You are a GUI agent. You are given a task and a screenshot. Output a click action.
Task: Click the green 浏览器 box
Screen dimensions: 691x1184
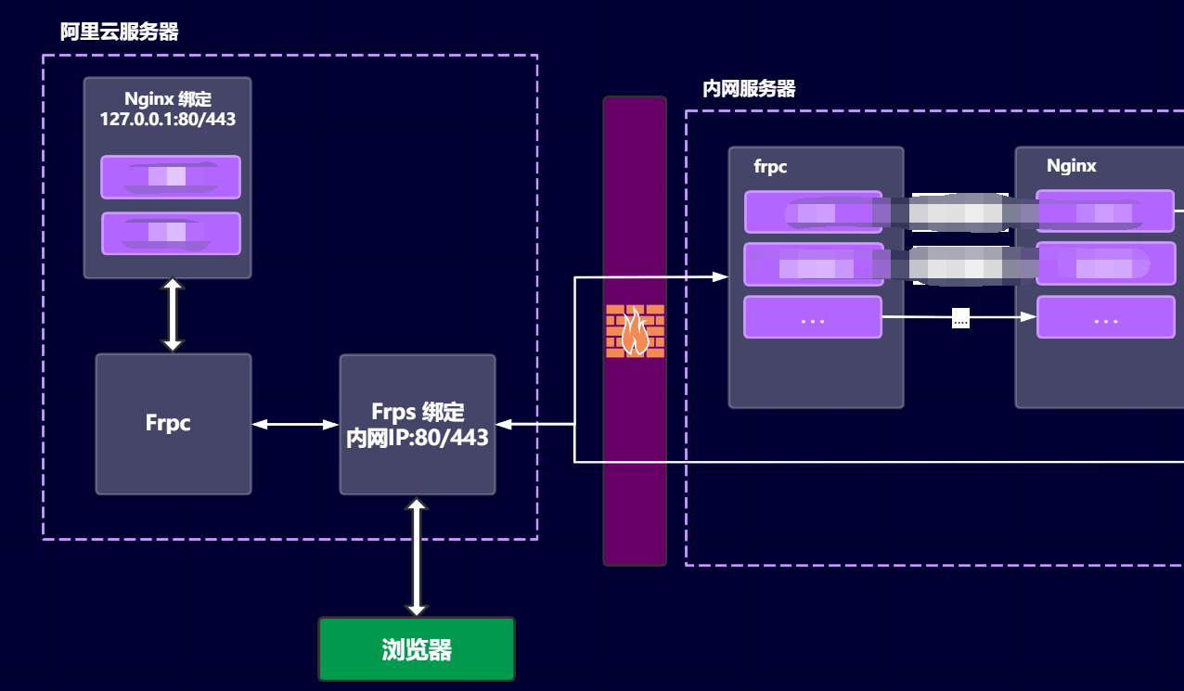pos(416,649)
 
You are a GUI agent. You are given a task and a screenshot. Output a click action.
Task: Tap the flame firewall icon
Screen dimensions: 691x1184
pos(635,331)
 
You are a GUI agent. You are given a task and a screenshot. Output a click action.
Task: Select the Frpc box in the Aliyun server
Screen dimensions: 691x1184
pos(174,424)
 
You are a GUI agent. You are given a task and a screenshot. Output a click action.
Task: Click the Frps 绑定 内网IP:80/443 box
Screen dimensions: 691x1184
pos(418,425)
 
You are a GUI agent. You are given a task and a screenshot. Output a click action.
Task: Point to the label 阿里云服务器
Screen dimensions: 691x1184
pos(119,32)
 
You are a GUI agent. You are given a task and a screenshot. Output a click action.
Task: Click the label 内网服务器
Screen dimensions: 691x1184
pos(749,89)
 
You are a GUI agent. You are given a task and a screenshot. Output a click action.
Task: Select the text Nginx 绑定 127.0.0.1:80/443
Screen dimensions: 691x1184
pos(168,109)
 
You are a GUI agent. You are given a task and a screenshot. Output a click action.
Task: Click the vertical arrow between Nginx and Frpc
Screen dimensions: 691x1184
pos(173,315)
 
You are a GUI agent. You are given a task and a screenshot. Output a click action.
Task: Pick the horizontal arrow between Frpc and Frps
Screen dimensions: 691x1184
pos(295,425)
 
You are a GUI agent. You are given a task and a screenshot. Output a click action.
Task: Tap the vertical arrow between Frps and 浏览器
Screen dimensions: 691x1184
pos(417,557)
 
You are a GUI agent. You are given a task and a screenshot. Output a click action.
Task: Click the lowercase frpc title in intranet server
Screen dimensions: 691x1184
pos(770,167)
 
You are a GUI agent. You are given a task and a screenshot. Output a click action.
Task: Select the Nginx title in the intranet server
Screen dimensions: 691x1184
pos(1071,166)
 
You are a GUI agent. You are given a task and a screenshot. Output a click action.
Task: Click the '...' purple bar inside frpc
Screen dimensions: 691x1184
pos(813,317)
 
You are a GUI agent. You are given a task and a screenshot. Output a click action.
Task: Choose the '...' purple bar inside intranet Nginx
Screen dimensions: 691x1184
pos(1105,317)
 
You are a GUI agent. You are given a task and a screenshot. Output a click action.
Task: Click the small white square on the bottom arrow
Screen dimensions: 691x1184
pos(960,318)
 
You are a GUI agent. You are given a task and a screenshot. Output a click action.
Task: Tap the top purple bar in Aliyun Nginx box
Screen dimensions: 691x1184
pos(171,176)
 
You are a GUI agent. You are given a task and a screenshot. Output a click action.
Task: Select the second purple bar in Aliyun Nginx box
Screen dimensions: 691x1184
pos(171,234)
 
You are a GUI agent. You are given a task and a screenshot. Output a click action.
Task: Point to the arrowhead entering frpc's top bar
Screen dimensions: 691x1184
pos(719,276)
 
